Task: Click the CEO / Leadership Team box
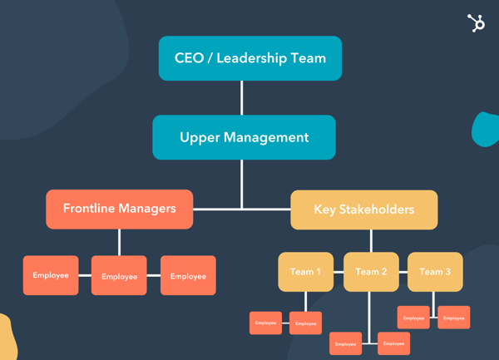point(249,58)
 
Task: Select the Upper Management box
point(244,137)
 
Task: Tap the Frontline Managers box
point(119,209)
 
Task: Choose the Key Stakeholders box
point(363,210)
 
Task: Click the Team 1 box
point(305,272)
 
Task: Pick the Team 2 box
point(371,272)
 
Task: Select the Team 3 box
point(435,272)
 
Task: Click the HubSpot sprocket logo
point(476,23)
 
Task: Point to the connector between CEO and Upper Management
point(242,97)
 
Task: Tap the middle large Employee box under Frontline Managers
point(119,276)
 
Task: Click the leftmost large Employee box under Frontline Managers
point(51,275)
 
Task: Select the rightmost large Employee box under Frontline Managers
point(188,275)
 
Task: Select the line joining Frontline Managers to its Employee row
point(119,241)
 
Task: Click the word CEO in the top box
point(190,58)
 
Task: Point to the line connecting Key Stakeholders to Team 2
point(371,240)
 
